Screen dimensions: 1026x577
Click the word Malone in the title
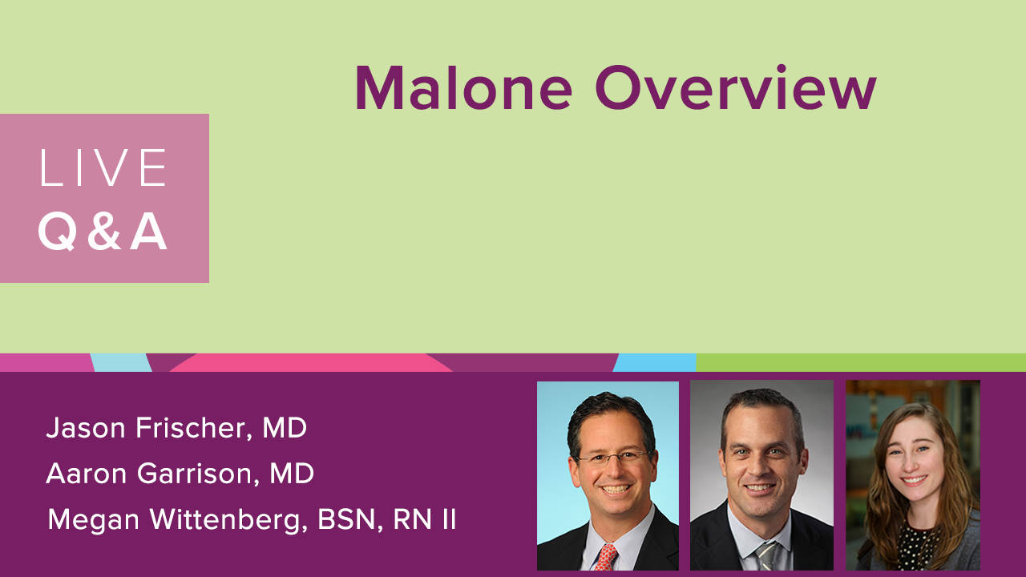coord(463,87)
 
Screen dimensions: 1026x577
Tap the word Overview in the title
coord(736,87)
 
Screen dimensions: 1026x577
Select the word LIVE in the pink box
coord(103,167)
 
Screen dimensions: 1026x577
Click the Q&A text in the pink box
coord(103,232)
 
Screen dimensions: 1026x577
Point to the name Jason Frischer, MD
coord(176,428)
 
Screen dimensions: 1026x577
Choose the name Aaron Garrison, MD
coord(180,474)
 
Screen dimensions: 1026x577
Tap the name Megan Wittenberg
coord(178,520)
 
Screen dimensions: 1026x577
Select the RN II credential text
coord(424,519)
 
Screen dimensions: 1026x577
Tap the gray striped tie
coord(767,556)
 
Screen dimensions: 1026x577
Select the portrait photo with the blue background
coord(608,476)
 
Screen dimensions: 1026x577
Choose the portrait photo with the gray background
coord(761,475)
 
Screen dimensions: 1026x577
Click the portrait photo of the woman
coord(913,475)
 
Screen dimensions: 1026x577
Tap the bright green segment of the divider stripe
coord(861,362)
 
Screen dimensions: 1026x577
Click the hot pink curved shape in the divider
coord(312,363)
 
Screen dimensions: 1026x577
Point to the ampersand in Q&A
coord(104,232)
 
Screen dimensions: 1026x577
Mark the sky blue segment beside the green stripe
coord(655,362)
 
